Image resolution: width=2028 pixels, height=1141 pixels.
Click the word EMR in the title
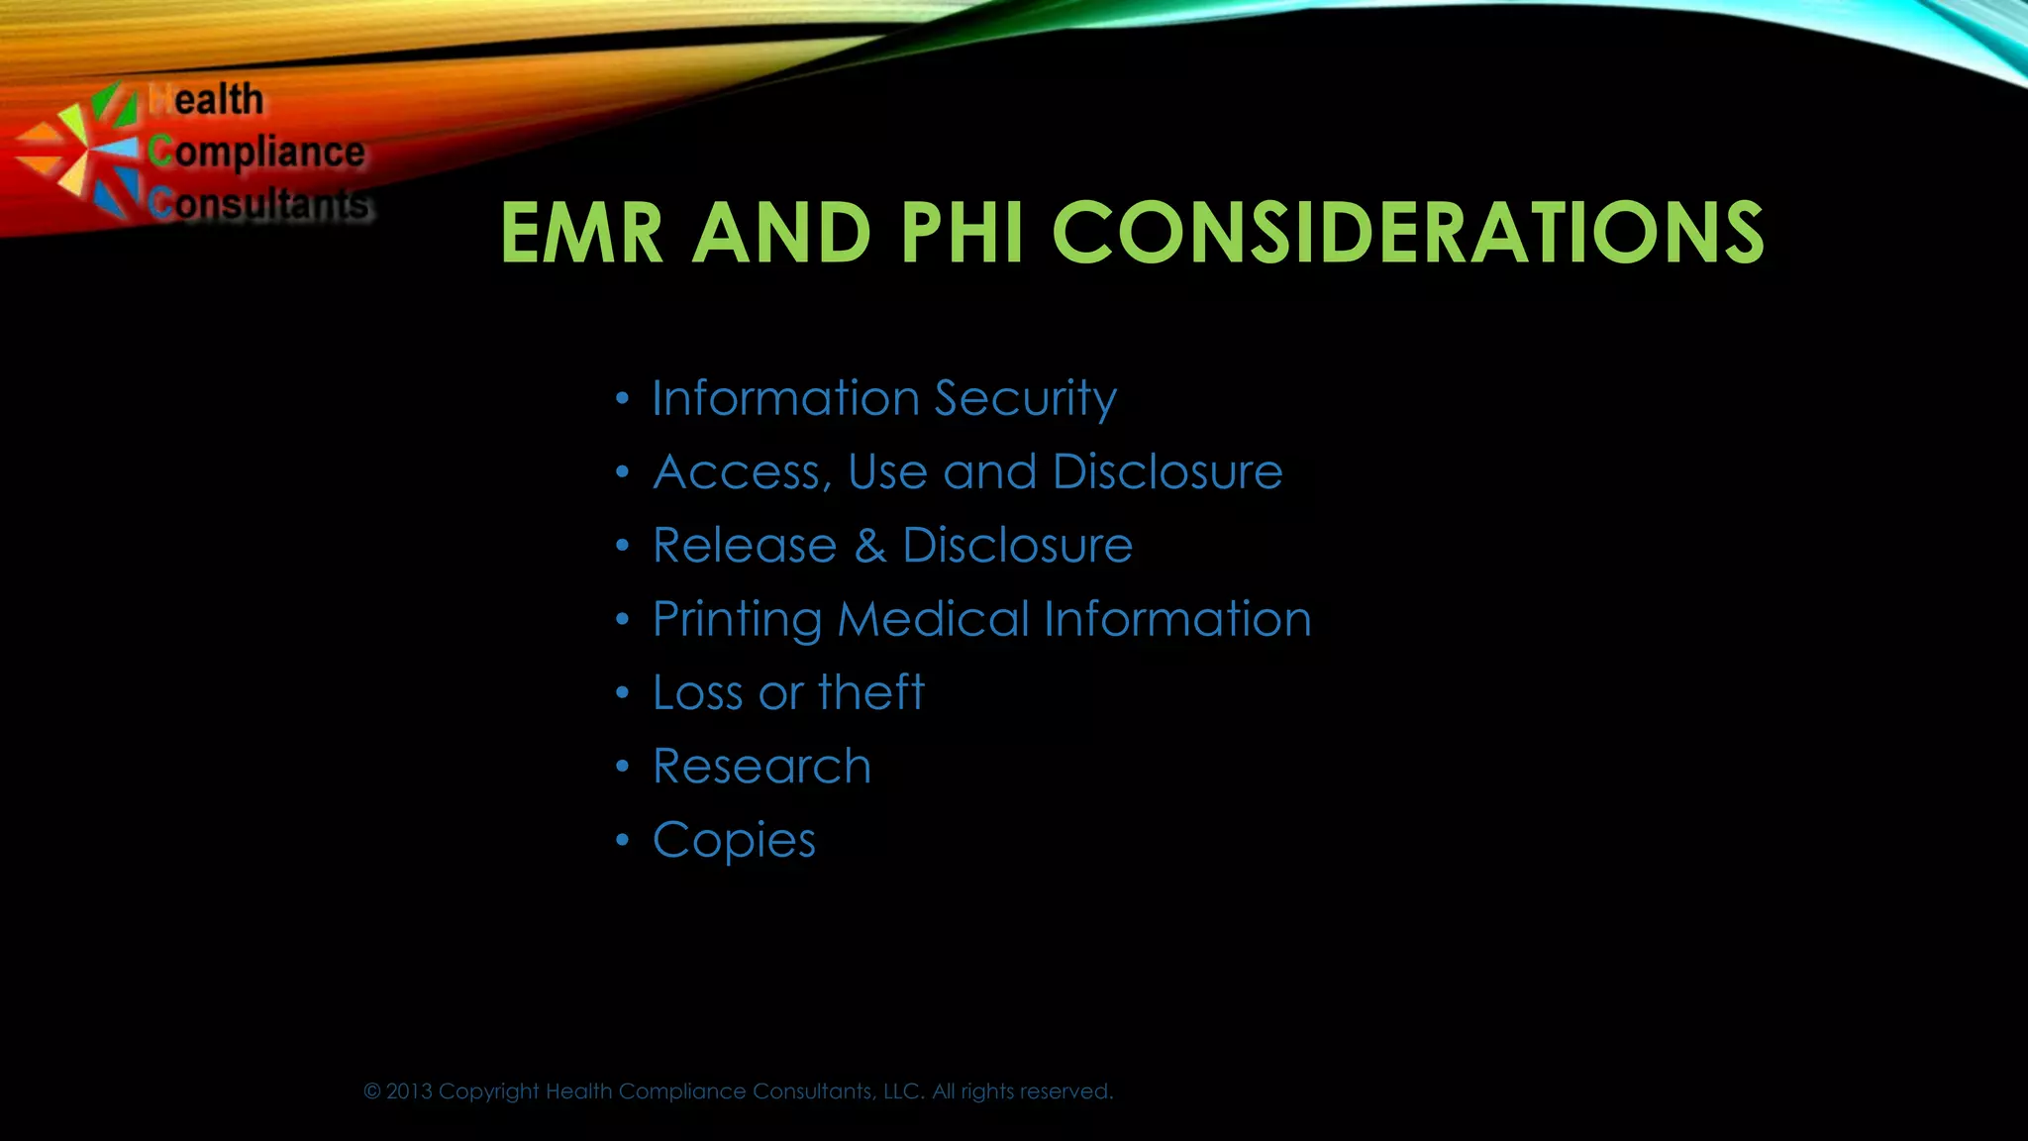click(x=581, y=234)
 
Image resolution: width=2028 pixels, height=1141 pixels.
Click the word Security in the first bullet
click(x=1025, y=399)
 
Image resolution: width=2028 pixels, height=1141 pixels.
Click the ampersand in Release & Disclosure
click(x=870, y=546)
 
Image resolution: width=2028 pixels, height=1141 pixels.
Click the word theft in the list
click(x=871, y=692)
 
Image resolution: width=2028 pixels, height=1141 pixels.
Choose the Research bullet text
click(x=761, y=767)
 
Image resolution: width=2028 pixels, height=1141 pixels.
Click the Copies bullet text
click(x=734, y=841)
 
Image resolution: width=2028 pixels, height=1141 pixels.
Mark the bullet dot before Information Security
click(x=622, y=399)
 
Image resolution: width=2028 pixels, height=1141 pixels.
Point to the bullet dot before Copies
click(x=622, y=841)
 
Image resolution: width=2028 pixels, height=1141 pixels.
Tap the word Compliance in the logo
click(x=256, y=153)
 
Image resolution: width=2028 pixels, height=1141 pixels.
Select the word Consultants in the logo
click(x=259, y=203)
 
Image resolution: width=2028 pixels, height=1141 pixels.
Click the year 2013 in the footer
click(x=409, y=1091)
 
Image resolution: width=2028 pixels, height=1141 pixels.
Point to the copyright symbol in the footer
click(x=372, y=1091)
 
